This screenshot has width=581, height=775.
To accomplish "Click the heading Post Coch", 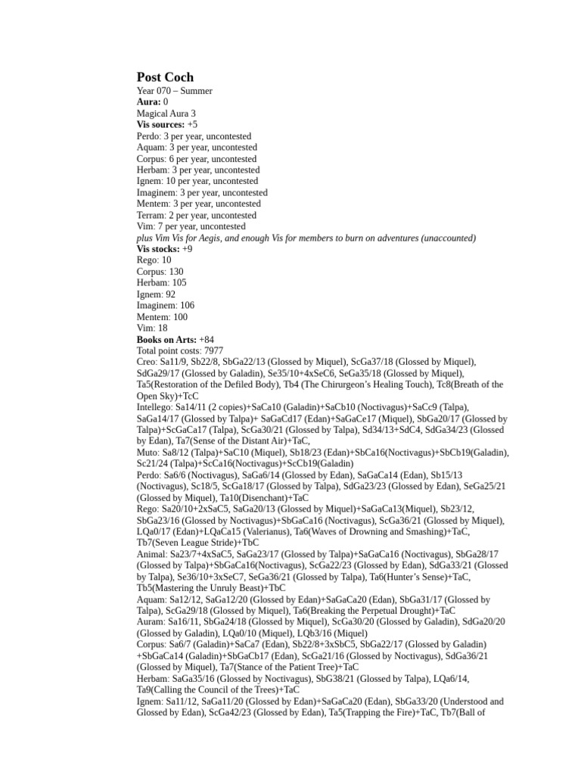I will tap(165, 77).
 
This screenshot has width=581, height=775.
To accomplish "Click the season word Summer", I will tap(196, 91).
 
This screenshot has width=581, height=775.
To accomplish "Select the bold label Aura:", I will tap(148, 102).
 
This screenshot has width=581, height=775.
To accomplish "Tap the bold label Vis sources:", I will tap(160, 125).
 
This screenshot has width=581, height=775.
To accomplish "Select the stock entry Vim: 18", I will tap(152, 328).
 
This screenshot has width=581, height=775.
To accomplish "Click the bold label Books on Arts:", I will tap(166, 340).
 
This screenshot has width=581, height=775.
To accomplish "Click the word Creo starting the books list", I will tap(147, 363).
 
